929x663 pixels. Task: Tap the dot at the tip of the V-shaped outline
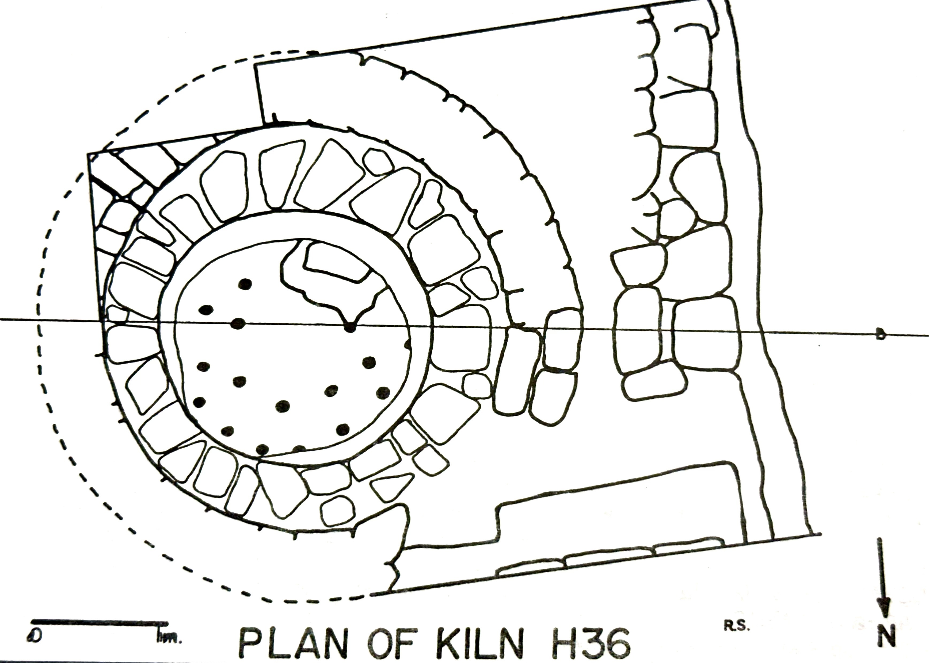click(x=350, y=327)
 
